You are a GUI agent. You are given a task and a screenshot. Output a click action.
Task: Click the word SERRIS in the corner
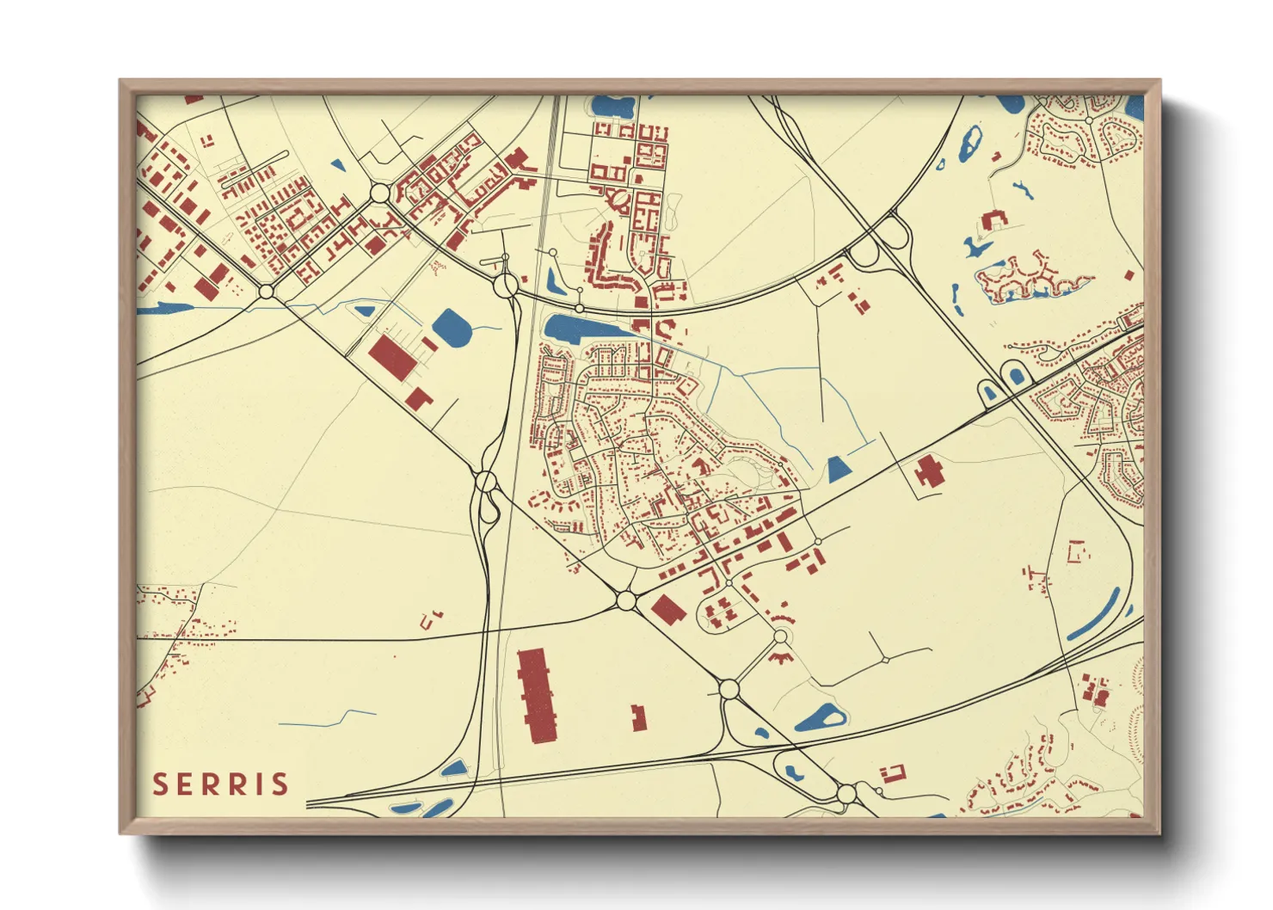[x=220, y=784]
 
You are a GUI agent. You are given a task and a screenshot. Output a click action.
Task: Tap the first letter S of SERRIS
[x=159, y=784]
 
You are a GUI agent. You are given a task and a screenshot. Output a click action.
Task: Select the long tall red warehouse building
[x=538, y=695]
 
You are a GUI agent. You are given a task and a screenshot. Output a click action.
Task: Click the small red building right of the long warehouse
[x=638, y=718]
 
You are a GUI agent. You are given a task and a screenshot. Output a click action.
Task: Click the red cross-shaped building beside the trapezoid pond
[x=928, y=472]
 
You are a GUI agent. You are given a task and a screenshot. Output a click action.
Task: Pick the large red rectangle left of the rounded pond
[x=392, y=356]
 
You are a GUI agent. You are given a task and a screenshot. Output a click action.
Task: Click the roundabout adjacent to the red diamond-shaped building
[x=626, y=599]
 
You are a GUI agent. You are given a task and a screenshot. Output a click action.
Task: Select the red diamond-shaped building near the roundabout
[x=667, y=610]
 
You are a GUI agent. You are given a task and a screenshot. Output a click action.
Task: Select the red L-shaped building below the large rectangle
[x=419, y=398]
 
